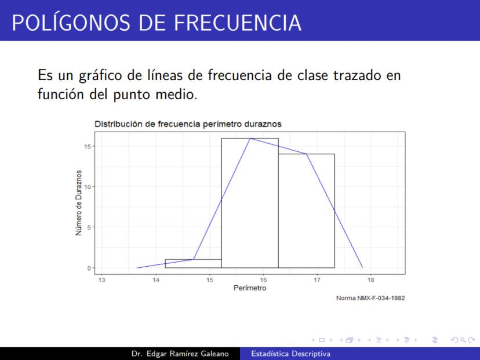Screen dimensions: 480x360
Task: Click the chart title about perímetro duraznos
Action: [188, 124]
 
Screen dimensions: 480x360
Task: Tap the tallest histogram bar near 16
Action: [250, 203]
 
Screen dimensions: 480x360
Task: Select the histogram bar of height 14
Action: [307, 211]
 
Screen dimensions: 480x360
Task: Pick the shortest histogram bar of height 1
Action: [193, 264]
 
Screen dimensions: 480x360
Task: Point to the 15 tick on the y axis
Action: [88, 146]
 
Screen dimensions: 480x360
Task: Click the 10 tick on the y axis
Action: [88, 187]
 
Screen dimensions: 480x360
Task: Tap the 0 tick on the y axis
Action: [89, 268]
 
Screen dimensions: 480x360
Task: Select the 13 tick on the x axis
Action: [101, 280]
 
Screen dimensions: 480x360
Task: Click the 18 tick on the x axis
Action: [370, 280]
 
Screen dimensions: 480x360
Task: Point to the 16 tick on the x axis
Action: [263, 280]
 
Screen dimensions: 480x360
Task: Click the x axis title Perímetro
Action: [250, 288]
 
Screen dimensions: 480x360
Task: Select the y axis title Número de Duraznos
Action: [79, 203]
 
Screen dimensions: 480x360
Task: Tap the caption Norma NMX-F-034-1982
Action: [370, 298]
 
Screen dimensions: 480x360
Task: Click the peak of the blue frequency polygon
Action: [250, 139]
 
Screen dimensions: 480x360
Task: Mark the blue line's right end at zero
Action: [363, 268]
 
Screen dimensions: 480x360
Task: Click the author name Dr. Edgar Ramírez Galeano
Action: [180, 354]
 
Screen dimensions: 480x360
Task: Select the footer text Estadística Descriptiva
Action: [291, 354]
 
